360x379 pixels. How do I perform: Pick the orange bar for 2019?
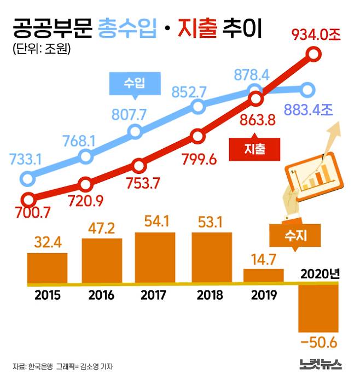[x=264, y=276]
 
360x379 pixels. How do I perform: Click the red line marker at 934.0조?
[x=313, y=54]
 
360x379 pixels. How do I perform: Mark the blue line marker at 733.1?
[x=27, y=178]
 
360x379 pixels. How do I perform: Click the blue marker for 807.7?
[x=135, y=131]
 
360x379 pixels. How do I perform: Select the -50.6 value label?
[x=318, y=342]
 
